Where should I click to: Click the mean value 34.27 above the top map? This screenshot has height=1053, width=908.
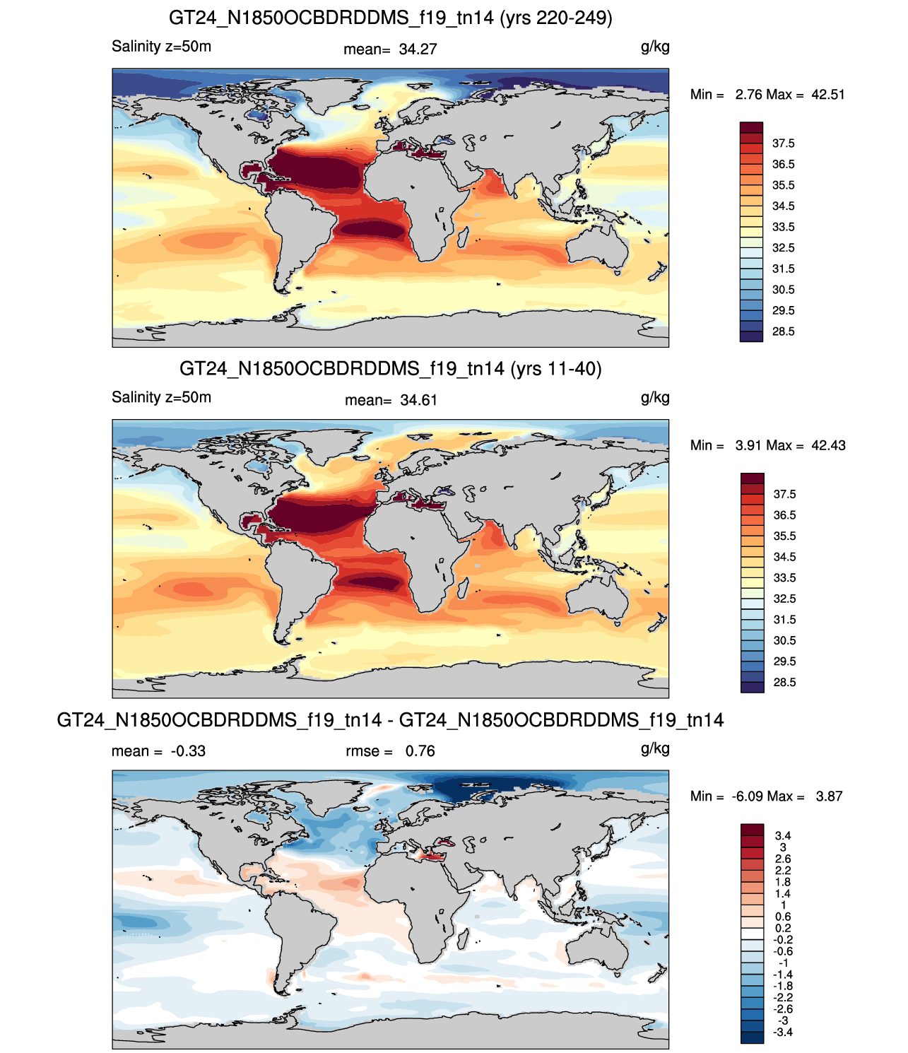[x=418, y=49]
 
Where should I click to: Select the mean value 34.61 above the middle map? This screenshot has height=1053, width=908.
[x=418, y=401]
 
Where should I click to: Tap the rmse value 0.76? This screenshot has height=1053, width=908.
[x=420, y=751]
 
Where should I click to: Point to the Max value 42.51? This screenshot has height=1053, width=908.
[x=828, y=95]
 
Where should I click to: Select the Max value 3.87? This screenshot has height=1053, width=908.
[x=829, y=796]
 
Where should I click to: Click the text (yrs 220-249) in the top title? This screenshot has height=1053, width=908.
[x=556, y=18]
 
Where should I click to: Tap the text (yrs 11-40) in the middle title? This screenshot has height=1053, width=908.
[x=556, y=369]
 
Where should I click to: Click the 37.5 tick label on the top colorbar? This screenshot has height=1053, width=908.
[x=783, y=143]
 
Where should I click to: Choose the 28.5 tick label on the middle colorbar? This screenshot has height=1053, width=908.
[x=784, y=682]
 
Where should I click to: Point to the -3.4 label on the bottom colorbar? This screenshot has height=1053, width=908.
[x=783, y=1033]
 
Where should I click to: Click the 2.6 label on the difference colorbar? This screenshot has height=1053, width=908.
[x=783, y=859]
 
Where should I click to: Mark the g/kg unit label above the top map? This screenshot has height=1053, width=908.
[x=655, y=47]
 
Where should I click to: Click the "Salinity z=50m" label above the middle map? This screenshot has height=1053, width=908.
[x=161, y=397]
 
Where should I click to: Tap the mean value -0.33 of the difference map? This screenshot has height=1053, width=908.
[x=188, y=751]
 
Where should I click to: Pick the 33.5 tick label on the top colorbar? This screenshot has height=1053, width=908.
[x=783, y=227]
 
